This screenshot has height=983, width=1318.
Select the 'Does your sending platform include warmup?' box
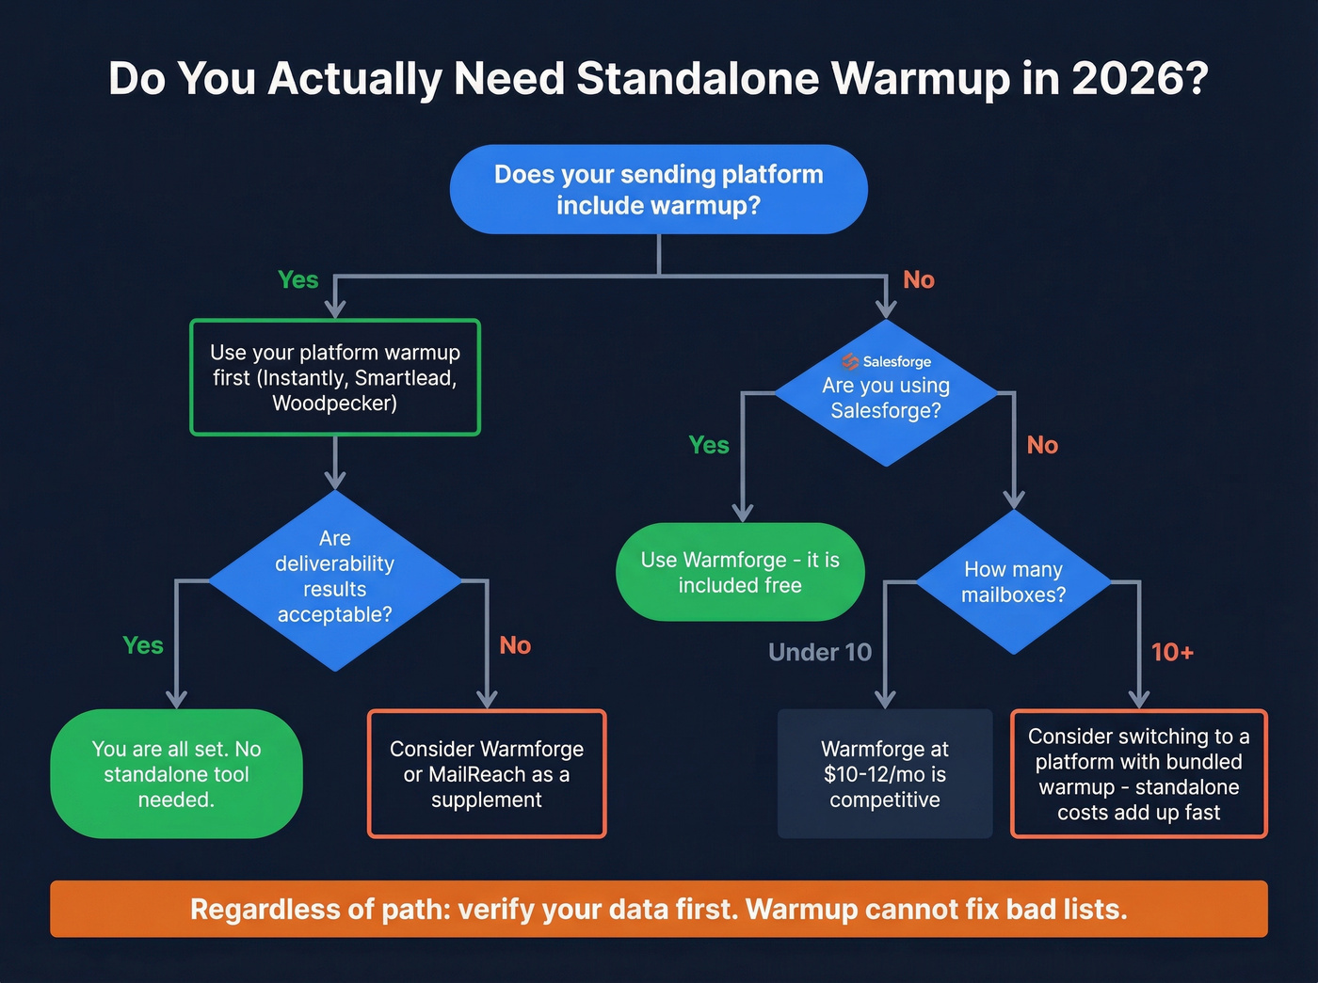point(658,189)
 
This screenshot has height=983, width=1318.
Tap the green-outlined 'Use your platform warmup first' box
point(335,377)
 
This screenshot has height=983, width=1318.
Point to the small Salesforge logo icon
point(850,361)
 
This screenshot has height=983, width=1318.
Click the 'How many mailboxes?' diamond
point(1013,582)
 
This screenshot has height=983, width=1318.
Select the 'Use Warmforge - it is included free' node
point(740,572)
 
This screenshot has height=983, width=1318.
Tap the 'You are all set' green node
point(176,774)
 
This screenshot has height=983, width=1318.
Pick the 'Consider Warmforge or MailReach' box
point(487,774)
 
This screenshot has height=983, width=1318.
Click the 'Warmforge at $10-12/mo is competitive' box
point(885,774)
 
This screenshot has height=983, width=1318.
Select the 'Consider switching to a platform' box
point(1138,774)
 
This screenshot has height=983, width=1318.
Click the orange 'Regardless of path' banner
point(658,909)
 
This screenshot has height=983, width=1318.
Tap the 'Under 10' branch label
point(820,652)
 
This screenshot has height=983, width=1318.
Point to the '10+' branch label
point(1172,652)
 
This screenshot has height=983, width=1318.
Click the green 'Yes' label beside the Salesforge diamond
point(709,445)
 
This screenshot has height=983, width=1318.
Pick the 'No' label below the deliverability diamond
point(515,645)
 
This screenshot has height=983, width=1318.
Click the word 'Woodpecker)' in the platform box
point(335,404)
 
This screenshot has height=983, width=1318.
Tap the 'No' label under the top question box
point(919,279)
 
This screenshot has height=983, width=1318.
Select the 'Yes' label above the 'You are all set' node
point(143,645)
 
